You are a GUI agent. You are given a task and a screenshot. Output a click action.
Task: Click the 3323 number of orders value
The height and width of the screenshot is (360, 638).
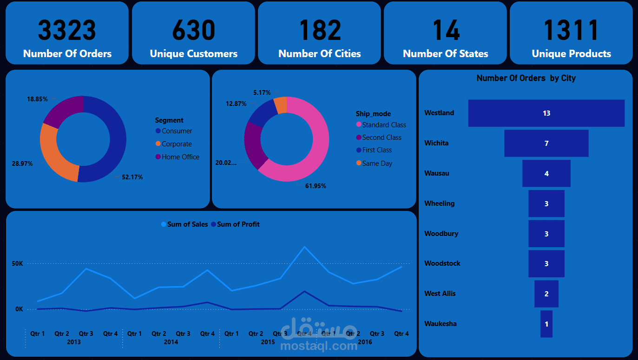coord(67,30)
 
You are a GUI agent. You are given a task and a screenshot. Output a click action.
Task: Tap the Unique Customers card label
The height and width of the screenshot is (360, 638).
coord(193,54)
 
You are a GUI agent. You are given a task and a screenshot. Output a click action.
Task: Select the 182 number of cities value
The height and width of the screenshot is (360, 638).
coord(320,30)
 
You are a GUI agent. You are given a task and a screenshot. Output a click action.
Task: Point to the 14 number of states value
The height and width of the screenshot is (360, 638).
coord(446,30)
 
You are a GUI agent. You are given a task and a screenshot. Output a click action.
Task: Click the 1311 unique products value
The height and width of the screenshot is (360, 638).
coord(571,30)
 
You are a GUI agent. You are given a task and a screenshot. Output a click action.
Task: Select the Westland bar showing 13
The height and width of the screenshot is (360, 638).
coord(546,113)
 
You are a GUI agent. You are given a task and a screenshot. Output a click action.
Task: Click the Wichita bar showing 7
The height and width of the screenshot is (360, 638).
coord(546,143)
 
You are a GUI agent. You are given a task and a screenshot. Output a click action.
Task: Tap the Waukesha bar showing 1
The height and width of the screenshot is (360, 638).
coord(546,324)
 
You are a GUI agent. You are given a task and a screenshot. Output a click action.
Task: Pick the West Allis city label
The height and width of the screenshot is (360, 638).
coord(440,294)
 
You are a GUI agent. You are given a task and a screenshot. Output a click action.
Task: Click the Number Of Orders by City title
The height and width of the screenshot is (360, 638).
coord(526,78)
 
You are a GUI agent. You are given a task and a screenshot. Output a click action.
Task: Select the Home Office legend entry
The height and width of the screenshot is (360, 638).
coord(180,157)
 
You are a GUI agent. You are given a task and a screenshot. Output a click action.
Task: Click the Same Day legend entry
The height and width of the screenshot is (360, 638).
coord(377,164)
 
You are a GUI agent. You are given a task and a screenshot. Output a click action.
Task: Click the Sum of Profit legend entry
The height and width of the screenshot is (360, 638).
coord(238,224)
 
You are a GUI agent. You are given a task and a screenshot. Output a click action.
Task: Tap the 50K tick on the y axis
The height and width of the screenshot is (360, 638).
coord(18,263)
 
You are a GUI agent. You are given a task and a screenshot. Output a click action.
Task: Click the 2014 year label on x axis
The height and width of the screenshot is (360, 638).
coord(171,342)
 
